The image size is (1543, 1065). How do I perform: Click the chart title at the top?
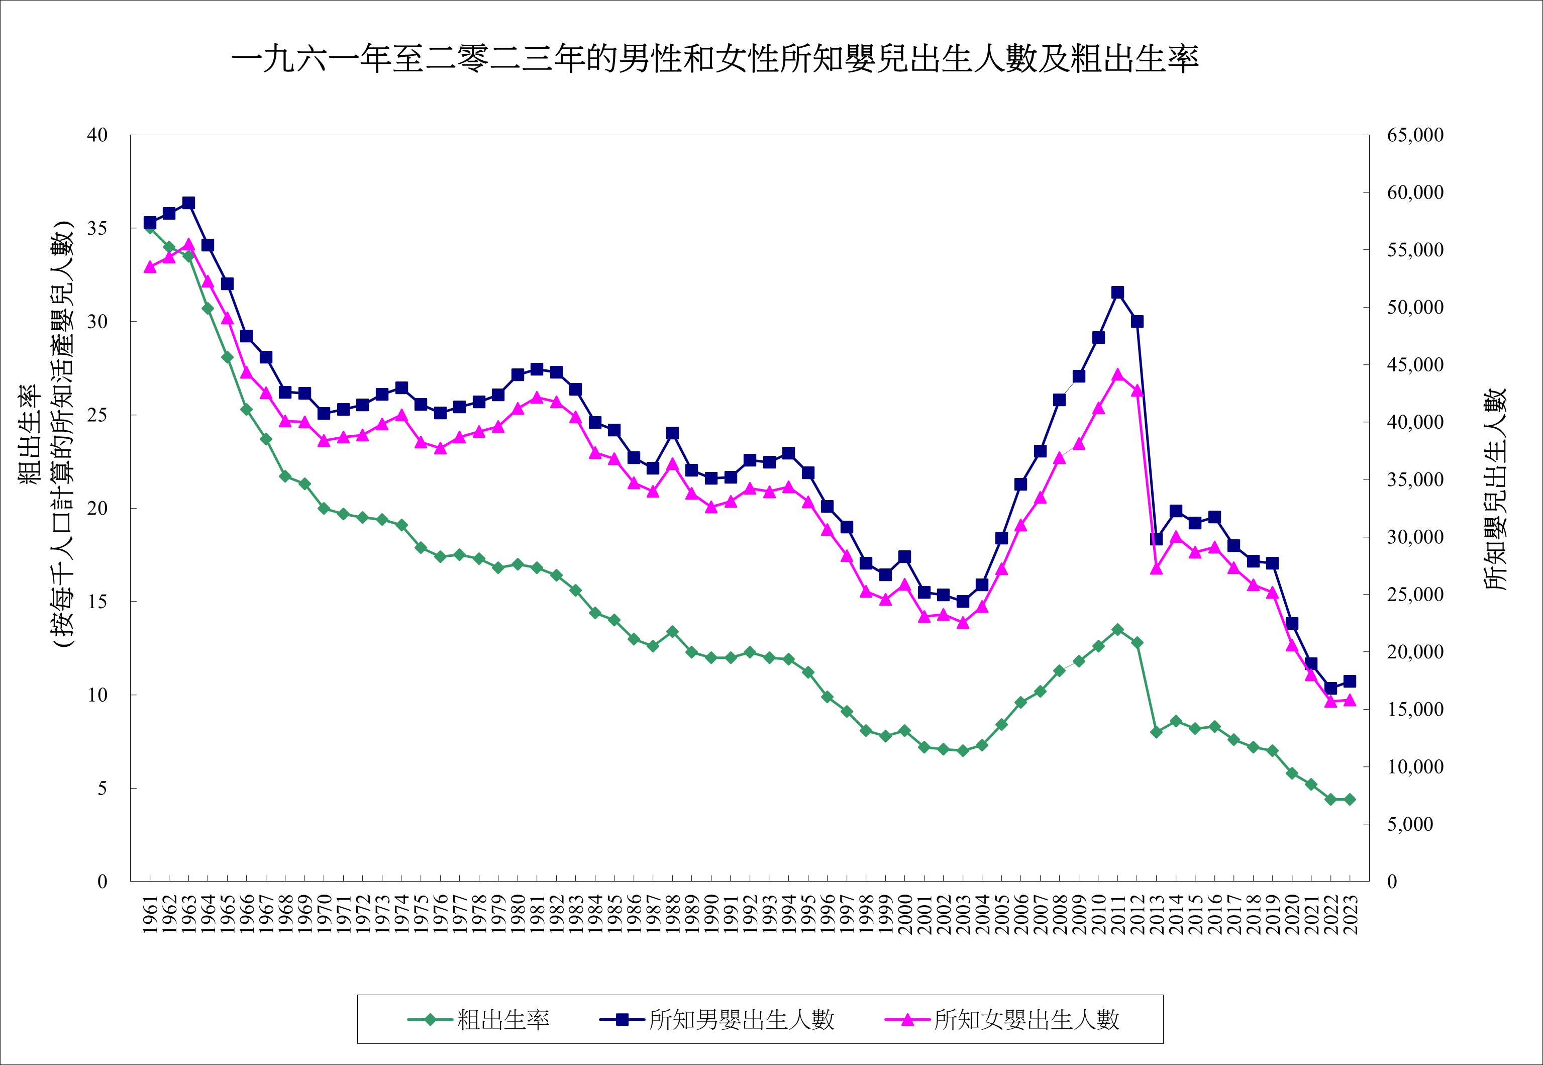pos(714,59)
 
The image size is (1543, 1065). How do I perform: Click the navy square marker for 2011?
pos(1118,293)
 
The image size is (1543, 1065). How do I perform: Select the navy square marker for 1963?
pos(189,203)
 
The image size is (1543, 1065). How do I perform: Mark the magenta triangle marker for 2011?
pos(1118,375)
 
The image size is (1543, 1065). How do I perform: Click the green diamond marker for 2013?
pos(1157,732)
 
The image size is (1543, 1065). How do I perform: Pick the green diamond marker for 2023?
pos(1350,800)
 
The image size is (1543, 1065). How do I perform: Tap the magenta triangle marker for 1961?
pos(150,267)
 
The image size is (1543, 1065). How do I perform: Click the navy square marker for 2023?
pos(1350,682)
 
